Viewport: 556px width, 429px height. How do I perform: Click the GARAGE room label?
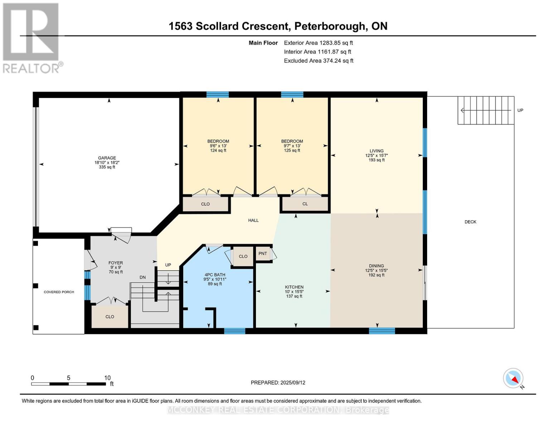point(107,158)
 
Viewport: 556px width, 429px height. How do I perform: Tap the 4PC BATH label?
point(215,275)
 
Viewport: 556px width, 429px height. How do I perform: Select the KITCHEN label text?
point(294,287)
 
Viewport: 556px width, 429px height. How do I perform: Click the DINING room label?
point(376,266)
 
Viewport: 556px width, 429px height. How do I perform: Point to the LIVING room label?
point(376,151)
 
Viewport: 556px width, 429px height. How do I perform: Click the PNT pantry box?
point(263,253)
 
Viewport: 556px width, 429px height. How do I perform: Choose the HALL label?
point(253,221)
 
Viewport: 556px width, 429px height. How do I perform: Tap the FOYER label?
point(116,263)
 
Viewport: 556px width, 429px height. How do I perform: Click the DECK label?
point(470,222)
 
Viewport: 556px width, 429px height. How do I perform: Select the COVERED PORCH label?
point(59,292)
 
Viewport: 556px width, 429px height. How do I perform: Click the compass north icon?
point(513,378)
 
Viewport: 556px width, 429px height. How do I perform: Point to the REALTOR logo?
point(31,38)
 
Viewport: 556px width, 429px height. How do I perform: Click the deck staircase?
point(486,110)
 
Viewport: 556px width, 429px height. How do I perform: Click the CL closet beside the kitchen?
point(305,204)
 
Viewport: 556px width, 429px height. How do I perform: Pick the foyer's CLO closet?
point(110,317)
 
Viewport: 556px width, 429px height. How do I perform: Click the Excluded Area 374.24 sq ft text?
point(318,61)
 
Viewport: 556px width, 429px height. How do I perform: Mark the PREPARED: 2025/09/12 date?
point(278,383)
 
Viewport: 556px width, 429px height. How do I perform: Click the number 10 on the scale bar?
point(107,378)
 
